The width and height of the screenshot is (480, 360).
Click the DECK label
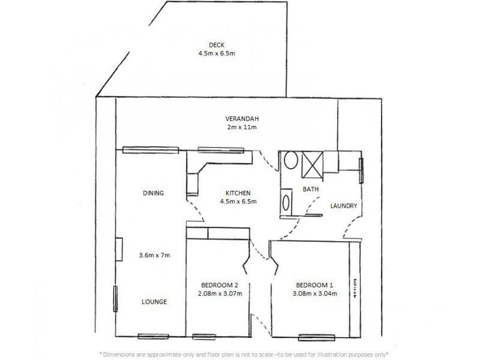(215, 45)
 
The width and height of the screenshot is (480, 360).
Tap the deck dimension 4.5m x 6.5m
(215, 53)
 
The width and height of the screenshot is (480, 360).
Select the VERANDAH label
(242, 118)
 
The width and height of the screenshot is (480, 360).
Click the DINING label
(154, 193)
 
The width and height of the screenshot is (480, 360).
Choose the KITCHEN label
(238, 193)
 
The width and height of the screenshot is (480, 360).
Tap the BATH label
(311, 189)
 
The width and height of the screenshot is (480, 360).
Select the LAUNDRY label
(344, 206)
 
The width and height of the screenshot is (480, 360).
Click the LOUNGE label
(154, 301)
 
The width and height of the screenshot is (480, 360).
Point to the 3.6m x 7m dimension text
(154, 255)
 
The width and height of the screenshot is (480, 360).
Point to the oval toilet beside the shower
(291, 161)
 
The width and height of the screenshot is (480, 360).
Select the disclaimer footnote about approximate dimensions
(243, 353)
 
